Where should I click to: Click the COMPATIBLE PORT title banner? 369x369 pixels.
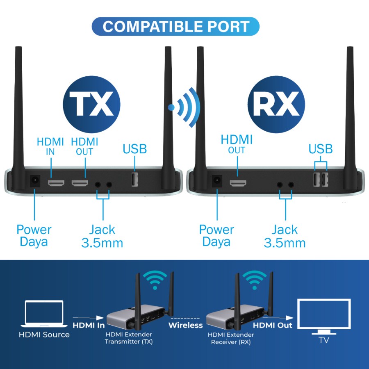point(175,26)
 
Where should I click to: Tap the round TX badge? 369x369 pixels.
point(92,104)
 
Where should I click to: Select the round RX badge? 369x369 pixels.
point(276,104)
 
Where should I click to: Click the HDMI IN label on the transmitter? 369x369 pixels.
point(50,146)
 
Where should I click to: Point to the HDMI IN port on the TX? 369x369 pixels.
point(56,183)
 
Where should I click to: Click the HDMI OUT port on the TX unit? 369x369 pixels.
point(80,183)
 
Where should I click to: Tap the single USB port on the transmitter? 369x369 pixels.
point(134,180)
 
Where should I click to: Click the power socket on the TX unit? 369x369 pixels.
point(35,181)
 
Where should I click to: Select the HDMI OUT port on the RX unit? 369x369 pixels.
point(238,183)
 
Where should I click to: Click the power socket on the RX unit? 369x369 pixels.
point(217,181)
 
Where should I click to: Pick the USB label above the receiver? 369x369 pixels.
point(321,149)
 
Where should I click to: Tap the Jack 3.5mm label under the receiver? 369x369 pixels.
point(285,236)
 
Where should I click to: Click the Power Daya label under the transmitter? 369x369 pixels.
point(34,236)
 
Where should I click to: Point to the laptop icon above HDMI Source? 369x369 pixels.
point(44,314)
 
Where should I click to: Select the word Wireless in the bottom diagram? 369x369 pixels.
point(186,325)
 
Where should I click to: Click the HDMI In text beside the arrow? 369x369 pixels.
point(89,325)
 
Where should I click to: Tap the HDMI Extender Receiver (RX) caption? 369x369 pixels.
point(231,338)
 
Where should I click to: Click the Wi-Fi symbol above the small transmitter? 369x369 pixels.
point(155,280)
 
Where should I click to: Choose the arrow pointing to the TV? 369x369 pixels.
point(278,318)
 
